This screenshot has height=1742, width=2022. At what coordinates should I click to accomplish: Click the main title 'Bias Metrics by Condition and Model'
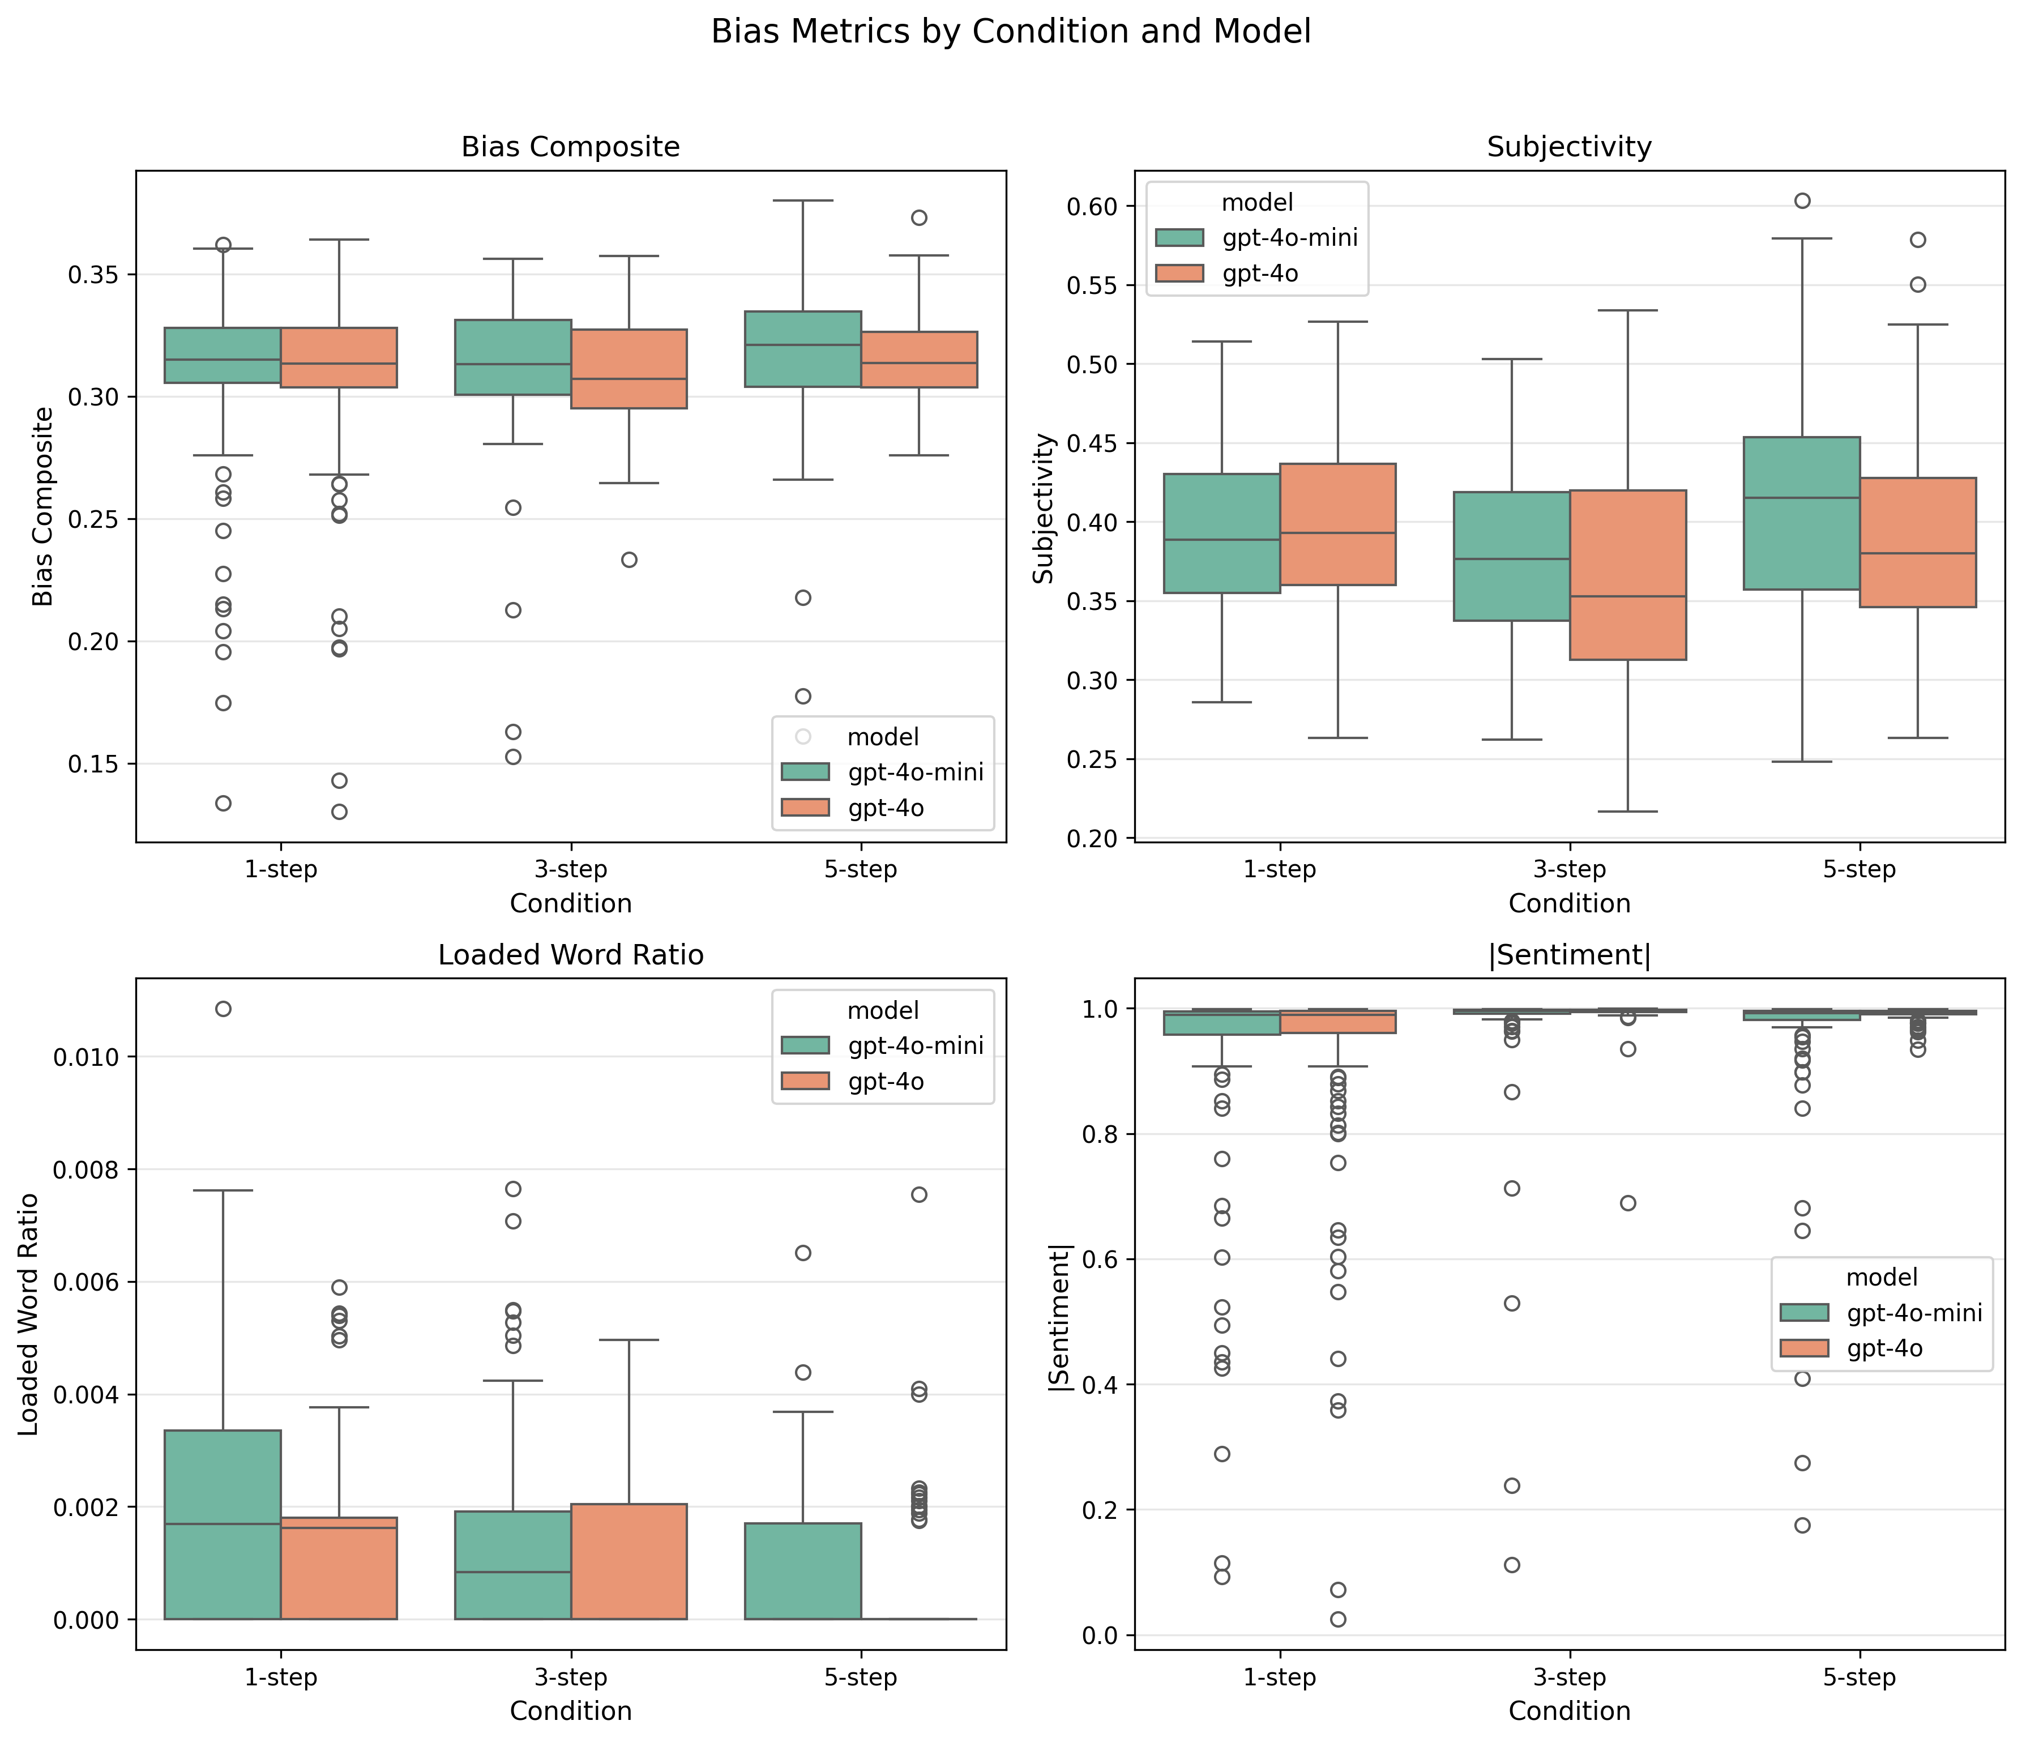point(1010,32)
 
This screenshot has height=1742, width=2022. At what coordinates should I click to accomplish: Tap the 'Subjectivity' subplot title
point(1568,147)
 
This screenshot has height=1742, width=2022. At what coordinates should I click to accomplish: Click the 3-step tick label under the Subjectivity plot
point(1568,869)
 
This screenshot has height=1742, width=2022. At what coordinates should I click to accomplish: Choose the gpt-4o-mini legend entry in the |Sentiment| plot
point(1913,1313)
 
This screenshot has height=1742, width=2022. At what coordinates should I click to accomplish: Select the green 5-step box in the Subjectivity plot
point(1801,513)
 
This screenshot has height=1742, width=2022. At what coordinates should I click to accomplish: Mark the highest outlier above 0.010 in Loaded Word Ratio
point(223,1009)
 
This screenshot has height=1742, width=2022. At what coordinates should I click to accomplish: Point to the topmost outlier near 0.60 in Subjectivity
point(1801,201)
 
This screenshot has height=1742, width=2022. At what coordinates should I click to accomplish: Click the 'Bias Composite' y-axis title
point(43,506)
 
